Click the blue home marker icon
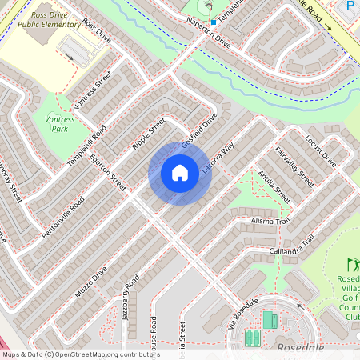click(x=180, y=173)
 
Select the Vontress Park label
click(x=60, y=123)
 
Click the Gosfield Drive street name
click(x=199, y=130)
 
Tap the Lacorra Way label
click(x=217, y=159)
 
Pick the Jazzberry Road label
click(x=131, y=297)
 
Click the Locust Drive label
click(x=321, y=150)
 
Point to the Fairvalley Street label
click(x=294, y=166)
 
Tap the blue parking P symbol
click(x=350, y=6)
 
